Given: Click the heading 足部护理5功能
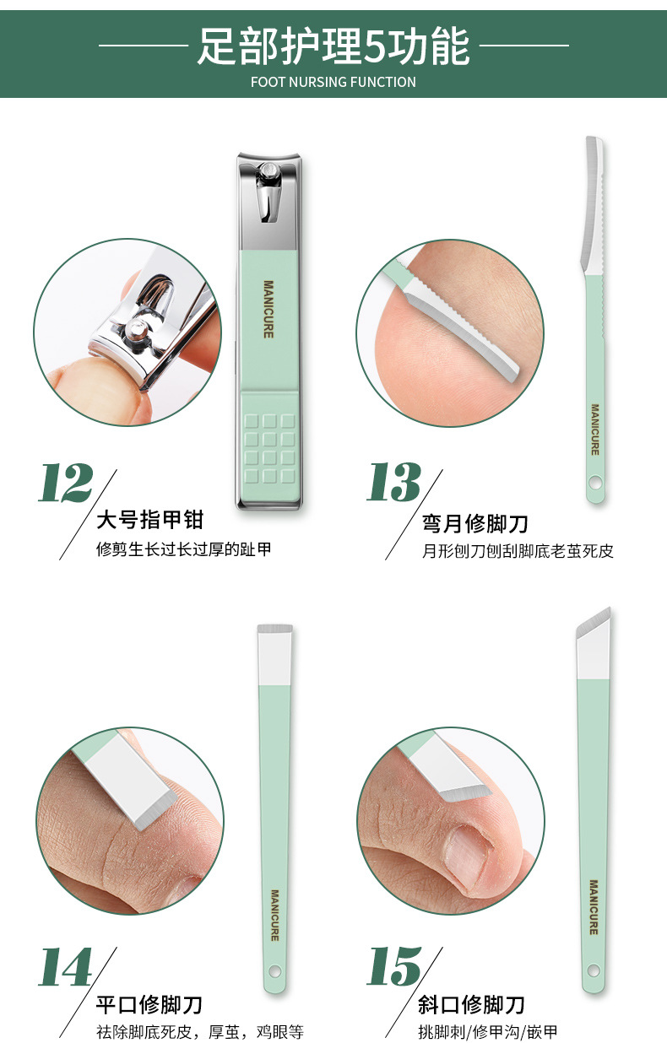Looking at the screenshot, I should click(333, 46).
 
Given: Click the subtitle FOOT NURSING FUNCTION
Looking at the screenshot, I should click(333, 82).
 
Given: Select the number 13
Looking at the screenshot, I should click(393, 484).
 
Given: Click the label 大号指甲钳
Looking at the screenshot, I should click(150, 519).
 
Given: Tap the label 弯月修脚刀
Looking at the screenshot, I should click(475, 524).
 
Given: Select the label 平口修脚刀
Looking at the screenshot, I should click(149, 1005).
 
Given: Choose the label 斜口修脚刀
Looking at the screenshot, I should click(472, 1005).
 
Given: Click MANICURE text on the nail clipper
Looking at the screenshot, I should click(268, 309).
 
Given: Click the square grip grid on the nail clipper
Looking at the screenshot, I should click(269, 447).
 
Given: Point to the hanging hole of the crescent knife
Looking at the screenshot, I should click(595, 484).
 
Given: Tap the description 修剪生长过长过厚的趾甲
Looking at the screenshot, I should click(185, 550).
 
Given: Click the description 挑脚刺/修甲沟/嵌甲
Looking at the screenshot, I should click(487, 1032).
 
